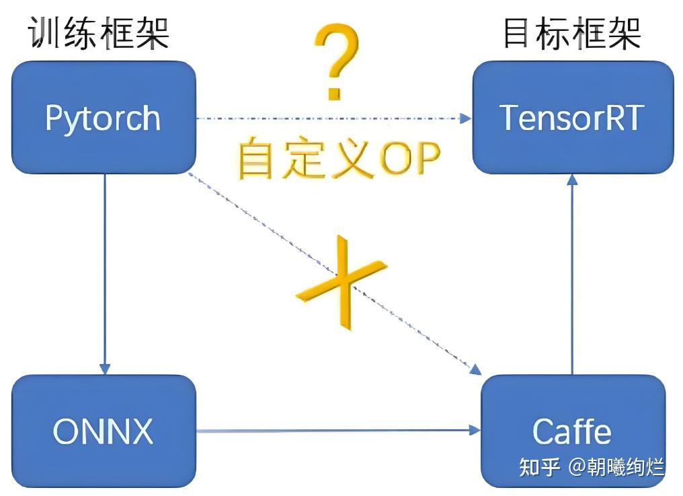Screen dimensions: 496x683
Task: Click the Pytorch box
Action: click(x=104, y=118)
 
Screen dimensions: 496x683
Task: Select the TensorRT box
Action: click(x=572, y=118)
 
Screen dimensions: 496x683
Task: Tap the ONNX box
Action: click(x=104, y=431)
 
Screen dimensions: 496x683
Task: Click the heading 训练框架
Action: click(x=98, y=32)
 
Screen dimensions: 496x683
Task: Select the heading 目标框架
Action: click(x=572, y=32)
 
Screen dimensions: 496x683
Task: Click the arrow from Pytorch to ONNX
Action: click(x=104, y=269)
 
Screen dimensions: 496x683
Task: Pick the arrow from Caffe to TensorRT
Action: click(x=572, y=269)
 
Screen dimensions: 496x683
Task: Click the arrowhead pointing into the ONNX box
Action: click(x=104, y=369)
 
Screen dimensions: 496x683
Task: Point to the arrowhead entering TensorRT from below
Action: click(x=572, y=178)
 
